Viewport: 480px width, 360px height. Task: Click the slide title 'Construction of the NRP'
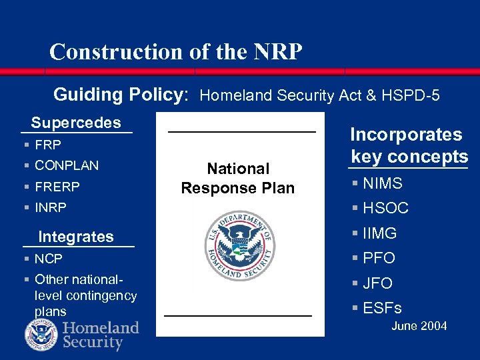point(175,51)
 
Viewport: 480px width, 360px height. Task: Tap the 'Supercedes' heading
point(76,123)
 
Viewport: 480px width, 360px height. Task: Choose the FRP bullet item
point(47,145)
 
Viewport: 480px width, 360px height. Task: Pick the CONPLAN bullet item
point(66,165)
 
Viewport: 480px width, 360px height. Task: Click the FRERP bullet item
point(57,187)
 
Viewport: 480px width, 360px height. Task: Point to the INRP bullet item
point(51,207)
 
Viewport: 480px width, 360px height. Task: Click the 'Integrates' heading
point(76,237)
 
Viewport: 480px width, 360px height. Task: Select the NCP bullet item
point(48,258)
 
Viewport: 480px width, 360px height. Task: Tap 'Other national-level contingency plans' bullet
point(85,295)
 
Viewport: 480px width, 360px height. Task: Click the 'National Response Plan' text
point(238,178)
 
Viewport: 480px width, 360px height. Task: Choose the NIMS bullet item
point(383,183)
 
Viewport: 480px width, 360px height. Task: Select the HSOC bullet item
point(385,209)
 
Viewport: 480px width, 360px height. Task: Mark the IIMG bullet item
point(380,233)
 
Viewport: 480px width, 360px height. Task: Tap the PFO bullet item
point(379,258)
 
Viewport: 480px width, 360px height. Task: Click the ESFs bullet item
point(382,308)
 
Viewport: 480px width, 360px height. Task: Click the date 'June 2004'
point(419,326)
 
